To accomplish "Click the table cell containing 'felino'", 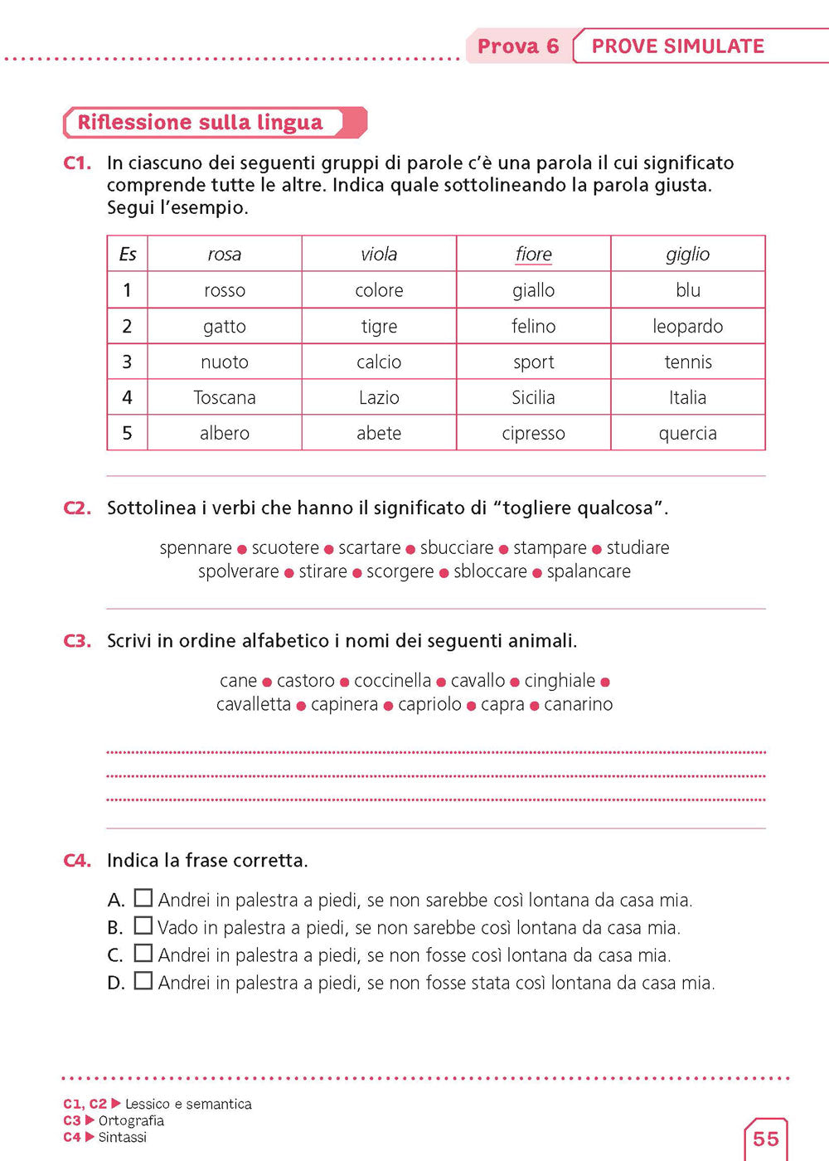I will tap(533, 326).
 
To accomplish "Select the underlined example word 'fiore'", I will tap(533, 254).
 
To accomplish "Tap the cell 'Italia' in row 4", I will tap(687, 397).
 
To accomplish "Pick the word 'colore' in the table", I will tap(379, 290).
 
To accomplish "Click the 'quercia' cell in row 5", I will tap(687, 433).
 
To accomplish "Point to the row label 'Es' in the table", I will tap(127, 254).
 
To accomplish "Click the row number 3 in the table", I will tap(127, 362).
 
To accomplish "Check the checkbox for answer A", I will tap(143, 898).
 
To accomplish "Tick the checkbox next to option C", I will tap(143, 954).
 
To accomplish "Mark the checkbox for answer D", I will tap(143, 981).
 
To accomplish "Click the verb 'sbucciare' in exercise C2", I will tap(457, 548).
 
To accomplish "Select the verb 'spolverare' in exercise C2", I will tap(239, 571).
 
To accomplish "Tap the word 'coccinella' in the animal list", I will tap(392, 681).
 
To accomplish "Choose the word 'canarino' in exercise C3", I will tap(578, 704).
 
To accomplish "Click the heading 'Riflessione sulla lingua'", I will tap(200, 123).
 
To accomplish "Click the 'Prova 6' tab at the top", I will tap(518, 46).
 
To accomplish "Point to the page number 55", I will tap(766, 1139).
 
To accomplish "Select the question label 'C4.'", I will tap(77, 861).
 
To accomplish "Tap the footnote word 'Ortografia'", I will tap(131, 1120).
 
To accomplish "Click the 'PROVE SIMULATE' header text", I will tap(677, 46).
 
